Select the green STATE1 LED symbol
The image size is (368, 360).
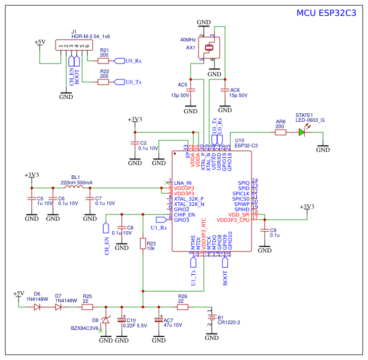tap(302, 132)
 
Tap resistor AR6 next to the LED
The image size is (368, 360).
tap(280, 132)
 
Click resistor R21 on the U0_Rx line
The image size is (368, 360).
tap(103, 60)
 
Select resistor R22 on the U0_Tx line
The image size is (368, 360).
tap(103, 82)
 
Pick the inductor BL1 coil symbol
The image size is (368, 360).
tap(75, 187)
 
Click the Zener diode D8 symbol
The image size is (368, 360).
tap(106, 321)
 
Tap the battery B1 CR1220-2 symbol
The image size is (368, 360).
tap(211, 318)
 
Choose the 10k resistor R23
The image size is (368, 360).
tap(143, 244)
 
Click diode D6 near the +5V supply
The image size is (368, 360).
tap(37, 307)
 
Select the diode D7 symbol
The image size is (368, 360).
tap(58, 307)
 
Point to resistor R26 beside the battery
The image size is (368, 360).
tap(183, 307)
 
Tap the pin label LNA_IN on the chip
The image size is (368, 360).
tap(183, 183)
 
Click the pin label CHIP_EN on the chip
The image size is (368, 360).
tap(184, 214)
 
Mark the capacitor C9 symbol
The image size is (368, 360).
tap(263, 231)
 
